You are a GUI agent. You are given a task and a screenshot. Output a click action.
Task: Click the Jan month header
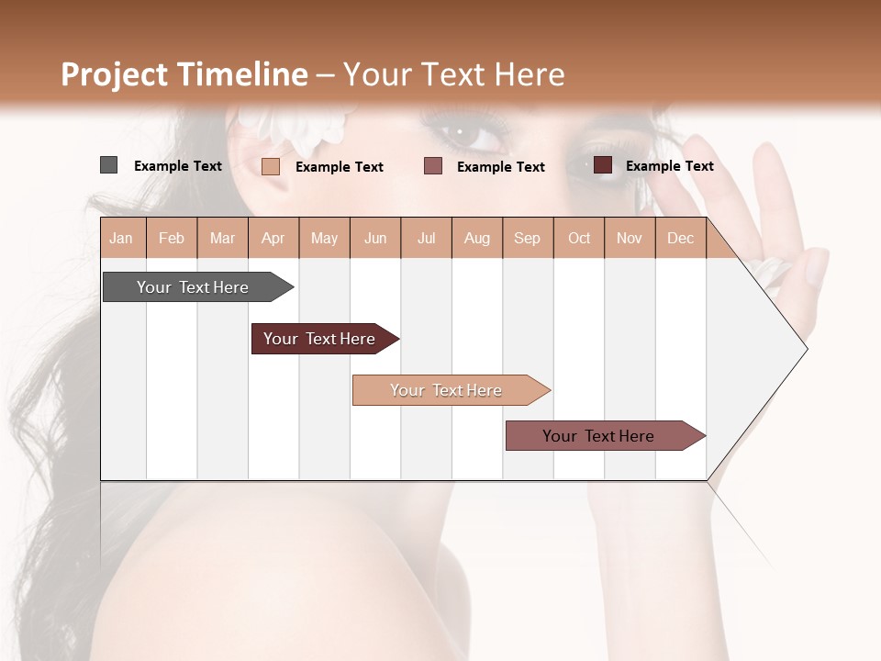pos(121,238)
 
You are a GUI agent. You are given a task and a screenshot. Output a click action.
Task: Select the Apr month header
pos(273,238)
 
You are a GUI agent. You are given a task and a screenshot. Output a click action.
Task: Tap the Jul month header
pos(426,238)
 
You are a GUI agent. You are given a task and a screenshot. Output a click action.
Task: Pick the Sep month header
pos(527,238)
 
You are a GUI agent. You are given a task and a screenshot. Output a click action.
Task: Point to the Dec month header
pos(680,238)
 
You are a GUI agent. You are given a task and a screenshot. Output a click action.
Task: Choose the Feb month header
pos(172,238)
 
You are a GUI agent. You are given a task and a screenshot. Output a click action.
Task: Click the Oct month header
pos(579,238)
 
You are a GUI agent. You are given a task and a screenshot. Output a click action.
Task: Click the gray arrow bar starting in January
pos(193,287)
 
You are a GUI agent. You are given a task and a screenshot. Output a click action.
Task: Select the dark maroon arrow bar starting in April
pos(319,339)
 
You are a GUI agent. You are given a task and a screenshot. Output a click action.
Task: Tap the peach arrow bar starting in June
pos(446,390)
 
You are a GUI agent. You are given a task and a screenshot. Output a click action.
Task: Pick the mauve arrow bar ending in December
pos(598,436)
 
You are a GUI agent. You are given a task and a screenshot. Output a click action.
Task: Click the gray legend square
pos(108,165)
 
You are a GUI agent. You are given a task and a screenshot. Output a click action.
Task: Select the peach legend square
pos(270,166)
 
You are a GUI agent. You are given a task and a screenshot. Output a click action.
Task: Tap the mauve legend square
pos(433,165)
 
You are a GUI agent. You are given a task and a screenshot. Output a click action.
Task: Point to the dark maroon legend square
pos(602,165)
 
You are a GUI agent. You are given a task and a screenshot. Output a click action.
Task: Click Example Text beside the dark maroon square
pos(669,166)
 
